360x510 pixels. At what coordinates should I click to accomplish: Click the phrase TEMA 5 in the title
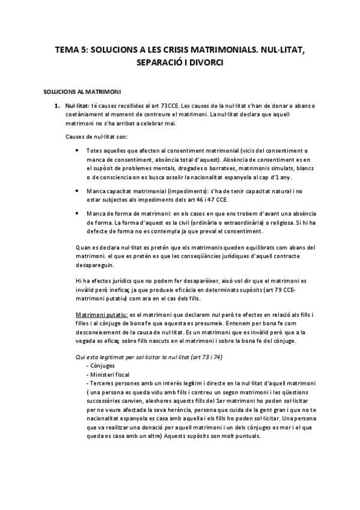(x=69, y=51)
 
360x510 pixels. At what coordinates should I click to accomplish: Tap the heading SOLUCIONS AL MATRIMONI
(x=83, y=92)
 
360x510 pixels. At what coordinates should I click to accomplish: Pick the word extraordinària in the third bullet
(x=230, y=222)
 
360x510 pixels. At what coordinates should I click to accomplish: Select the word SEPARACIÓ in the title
(x=162, y=63)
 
